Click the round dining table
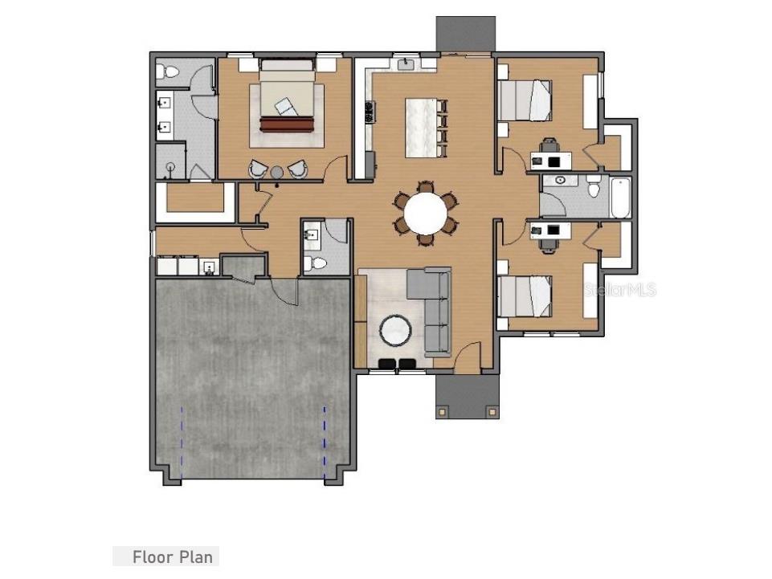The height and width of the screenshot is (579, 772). pos(425,214)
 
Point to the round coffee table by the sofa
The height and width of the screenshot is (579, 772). pos(396,330)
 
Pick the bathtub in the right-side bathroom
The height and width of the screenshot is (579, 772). pos(621,197)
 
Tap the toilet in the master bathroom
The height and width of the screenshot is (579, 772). pos(170,71)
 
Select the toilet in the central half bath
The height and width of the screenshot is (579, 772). pos(317,263)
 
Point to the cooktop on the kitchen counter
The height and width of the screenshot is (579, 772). pos(370,112)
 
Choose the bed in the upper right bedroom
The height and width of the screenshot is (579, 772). pos(526,100)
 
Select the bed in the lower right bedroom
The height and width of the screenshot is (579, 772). pos(526,295)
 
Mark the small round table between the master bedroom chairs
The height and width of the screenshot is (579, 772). pos(277,171)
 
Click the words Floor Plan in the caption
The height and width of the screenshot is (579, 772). pos(173,557)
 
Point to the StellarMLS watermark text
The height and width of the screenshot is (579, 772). pos(619,290)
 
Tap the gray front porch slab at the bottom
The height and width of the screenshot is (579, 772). pos(466,396)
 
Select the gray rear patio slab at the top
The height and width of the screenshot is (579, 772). pos(465,33)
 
